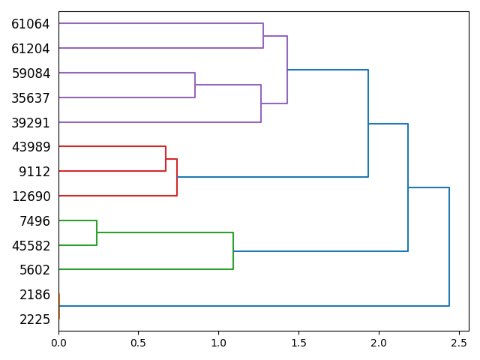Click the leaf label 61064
(31, 24)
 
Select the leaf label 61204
(31, 49)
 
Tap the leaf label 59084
(31, 73)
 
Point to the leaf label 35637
(31, 98)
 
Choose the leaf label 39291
(31, 123)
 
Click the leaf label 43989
(31, 147)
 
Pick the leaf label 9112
(34, 172)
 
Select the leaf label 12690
(31, 196)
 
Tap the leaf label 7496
(34, 221)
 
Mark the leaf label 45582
(31, 246)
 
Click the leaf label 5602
(34, 270)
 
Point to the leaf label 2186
(34, 295)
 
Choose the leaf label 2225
(34, 319)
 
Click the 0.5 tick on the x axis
(138, 343)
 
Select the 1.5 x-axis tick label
(298, 343)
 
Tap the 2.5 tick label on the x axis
(458, 343)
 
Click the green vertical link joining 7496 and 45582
(97, 232)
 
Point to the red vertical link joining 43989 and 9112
(166, 159)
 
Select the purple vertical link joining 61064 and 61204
(263, 36)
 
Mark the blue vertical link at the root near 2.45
(449, 247)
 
